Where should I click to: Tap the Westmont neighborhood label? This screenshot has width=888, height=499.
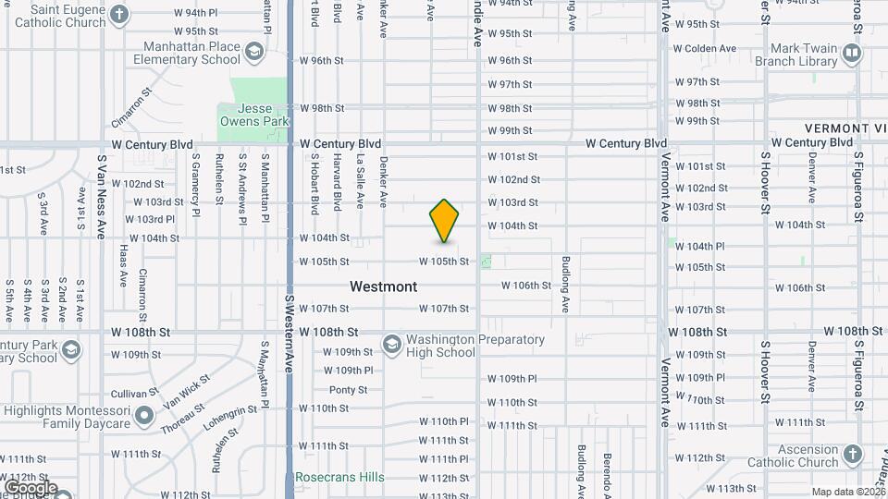coord(383,286)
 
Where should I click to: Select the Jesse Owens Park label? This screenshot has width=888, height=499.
coord(254,114)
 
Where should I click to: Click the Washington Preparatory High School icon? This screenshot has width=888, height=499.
coord(392,346)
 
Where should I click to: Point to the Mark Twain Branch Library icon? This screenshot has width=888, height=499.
coord(852,55)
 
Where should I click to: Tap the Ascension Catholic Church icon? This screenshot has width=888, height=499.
coord(852,454)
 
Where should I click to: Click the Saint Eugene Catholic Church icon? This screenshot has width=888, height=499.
coord(119,15)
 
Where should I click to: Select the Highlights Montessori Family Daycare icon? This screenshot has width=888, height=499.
coord(143,417)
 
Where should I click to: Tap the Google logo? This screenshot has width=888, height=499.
coord(30,487)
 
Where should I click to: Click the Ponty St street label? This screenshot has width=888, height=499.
coord(348,390)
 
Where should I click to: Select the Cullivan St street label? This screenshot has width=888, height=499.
coord(127,393)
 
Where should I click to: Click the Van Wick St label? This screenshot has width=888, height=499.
coord(187,391)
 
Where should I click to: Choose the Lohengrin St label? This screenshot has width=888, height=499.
coord(233,421)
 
